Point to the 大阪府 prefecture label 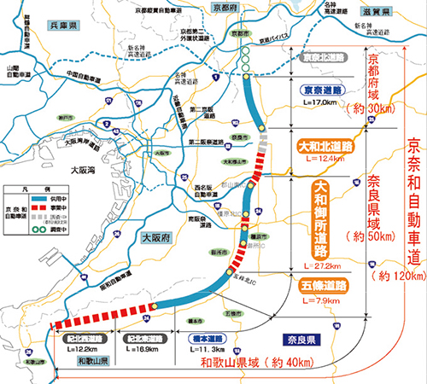[x=157, y=239]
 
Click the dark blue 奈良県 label [x=302, y=339]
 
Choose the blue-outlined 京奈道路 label [x=321, y=90]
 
